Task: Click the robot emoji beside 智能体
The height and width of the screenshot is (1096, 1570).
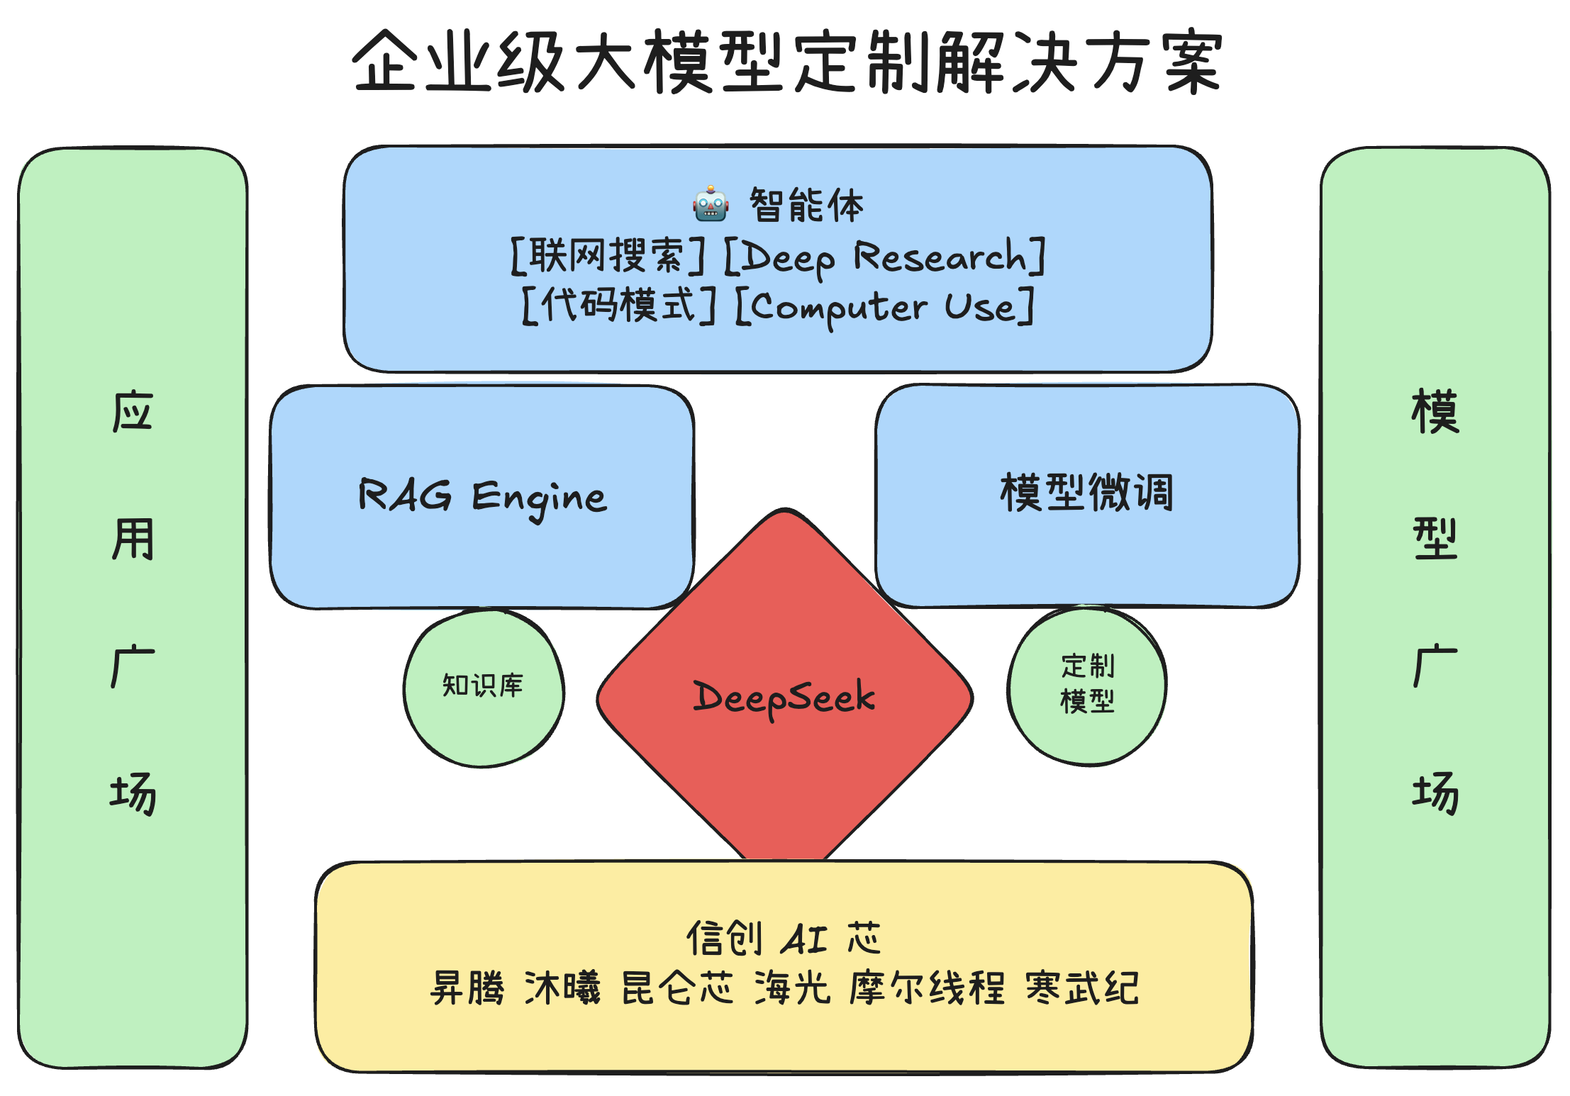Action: point(710,204)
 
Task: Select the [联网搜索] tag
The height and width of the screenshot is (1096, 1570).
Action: point(608,255)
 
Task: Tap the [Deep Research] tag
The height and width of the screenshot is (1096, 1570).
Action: point(884,257)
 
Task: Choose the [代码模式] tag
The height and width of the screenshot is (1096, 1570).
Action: point(618,306)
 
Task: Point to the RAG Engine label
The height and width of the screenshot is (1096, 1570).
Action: point(482,496)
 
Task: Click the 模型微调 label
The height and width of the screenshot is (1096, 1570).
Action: point(1086,493)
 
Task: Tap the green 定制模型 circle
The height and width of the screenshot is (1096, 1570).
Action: point(1087,684)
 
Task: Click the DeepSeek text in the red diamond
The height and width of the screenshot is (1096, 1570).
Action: point(784,698)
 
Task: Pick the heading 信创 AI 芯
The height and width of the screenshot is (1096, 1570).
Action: point(784,938)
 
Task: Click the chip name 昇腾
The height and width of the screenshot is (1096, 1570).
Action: point(467,988)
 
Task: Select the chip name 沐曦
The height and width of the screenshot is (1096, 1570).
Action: point(562,988)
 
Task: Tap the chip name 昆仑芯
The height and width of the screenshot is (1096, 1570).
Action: point(677,988)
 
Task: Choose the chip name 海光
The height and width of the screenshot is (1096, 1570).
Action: point(792,988)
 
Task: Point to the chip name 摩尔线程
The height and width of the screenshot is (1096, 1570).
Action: point(927,988)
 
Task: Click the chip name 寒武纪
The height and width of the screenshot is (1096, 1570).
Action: point(1082,988)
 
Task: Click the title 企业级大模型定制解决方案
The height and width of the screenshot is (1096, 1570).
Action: point(787,62)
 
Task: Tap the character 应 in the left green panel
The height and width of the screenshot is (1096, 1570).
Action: point(133,411)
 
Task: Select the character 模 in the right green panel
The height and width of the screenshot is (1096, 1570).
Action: point(1435,411)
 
